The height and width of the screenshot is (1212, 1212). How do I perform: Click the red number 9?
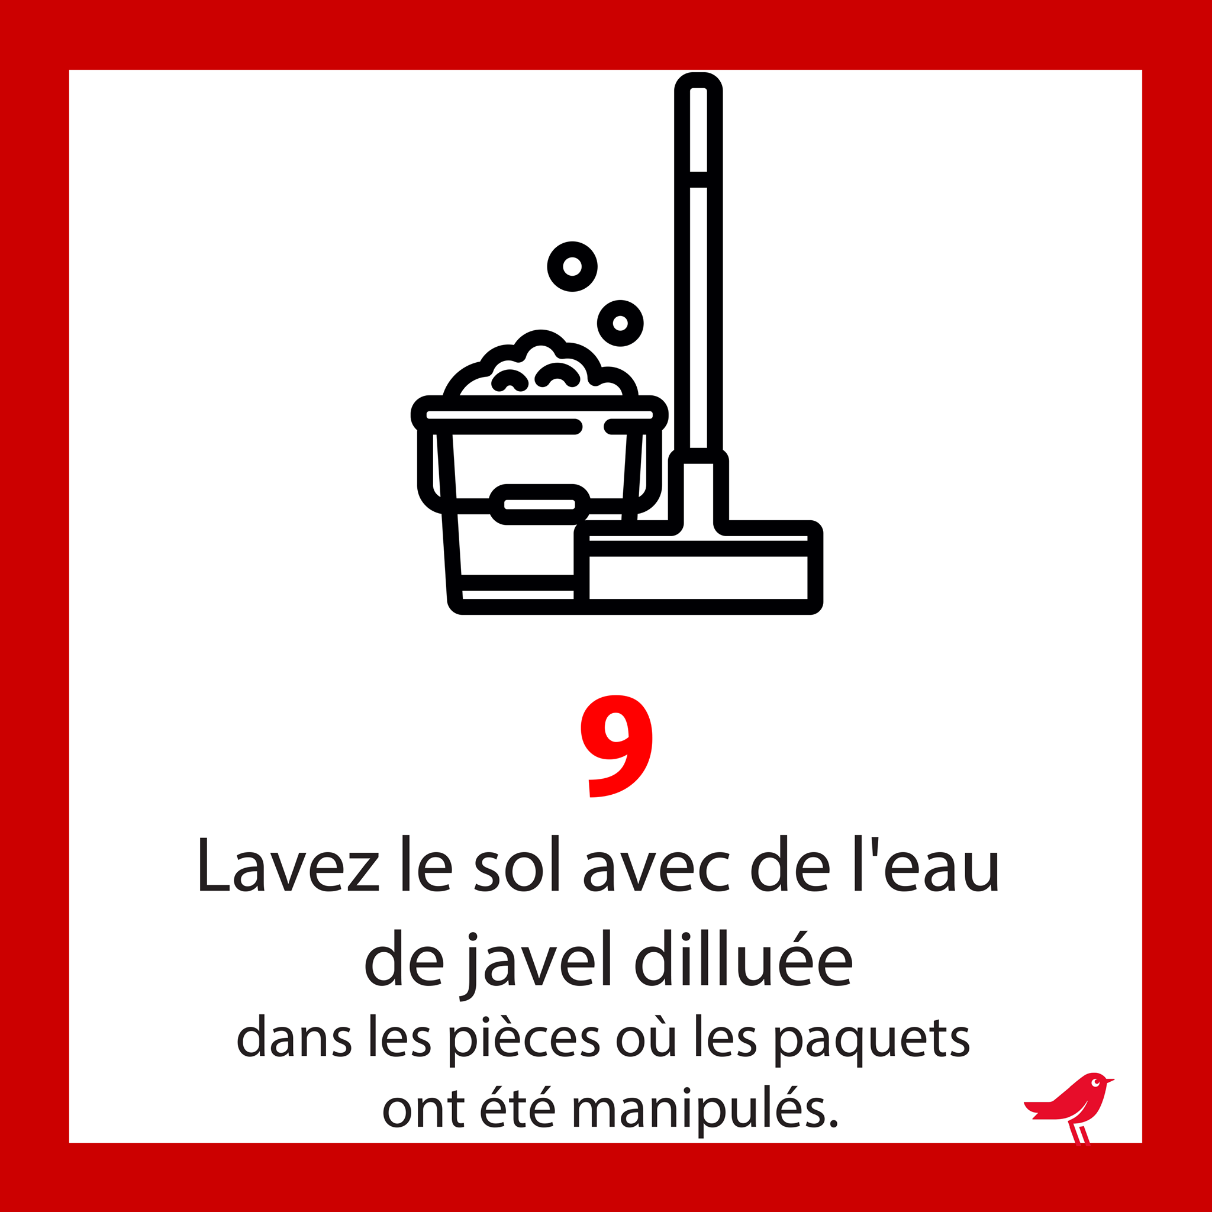coord(616,746)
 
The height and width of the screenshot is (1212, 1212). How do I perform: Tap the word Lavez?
coord(289,865)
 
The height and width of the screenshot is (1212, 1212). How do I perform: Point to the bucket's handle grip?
coord(540,504)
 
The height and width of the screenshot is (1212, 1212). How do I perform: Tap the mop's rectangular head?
coord(699,568)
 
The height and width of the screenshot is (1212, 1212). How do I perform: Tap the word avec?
coord(657,870)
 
